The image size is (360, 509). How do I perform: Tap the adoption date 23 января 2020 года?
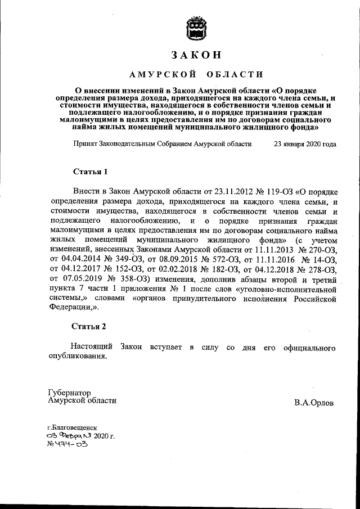click(x=304, y=143)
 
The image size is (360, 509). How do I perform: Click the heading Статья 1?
click(x=89, y=171)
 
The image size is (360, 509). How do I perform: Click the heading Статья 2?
click(x=89, y=326)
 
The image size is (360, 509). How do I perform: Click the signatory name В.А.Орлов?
click(x=313, y=403)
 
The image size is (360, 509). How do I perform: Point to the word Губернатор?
click(x=69, y=392)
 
